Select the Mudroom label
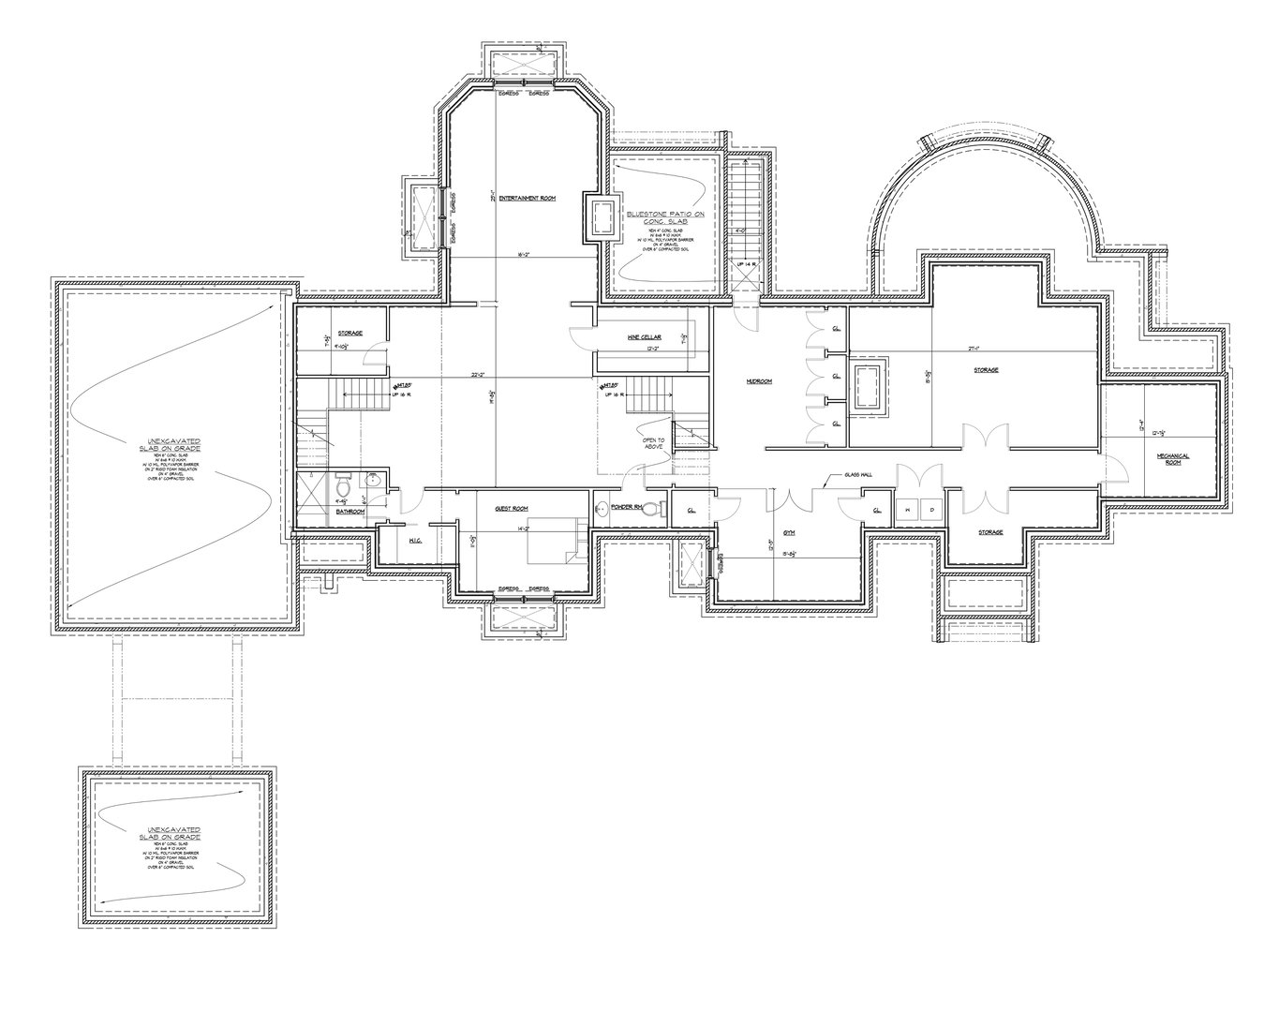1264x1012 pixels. [757, 381]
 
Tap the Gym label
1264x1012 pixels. [789, 530]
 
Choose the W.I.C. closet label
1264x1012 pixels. [416, 542]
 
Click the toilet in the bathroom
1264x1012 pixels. [344, 488]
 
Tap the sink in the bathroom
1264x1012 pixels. [373, 482]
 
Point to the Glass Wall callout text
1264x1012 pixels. [857, 475]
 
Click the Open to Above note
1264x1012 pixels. [653, 443]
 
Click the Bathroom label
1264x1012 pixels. [350, 512]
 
